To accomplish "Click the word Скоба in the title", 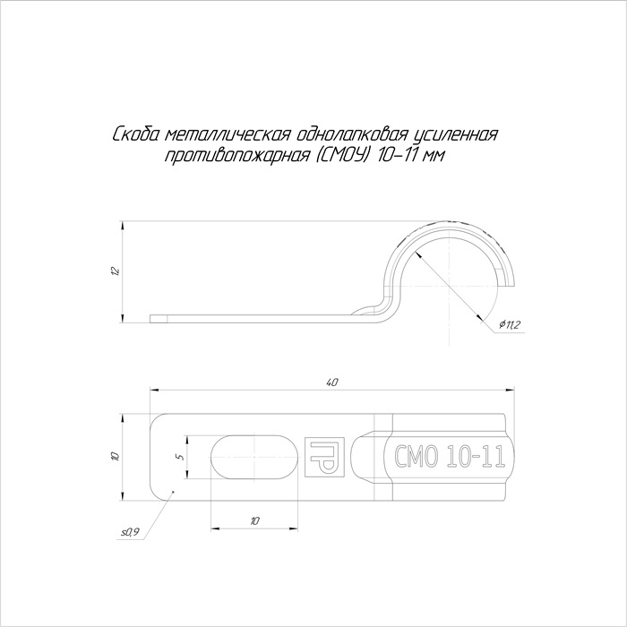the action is [136, 135].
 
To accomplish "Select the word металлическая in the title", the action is [227, 135].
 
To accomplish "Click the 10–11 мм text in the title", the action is [409, 155].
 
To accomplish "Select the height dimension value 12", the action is [116, 271].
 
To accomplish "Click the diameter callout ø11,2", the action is [509, 325].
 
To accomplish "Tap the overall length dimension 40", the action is [332, 382].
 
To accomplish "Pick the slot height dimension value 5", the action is [181, 456].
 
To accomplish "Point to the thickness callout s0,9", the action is [130, 532].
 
